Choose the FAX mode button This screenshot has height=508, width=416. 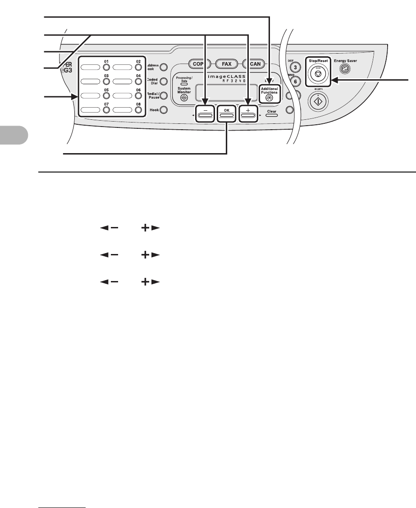(226, 64)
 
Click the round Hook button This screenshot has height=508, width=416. (164, 109)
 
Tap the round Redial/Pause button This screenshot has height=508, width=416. (164, 95)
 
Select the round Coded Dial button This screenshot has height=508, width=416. (164, 82)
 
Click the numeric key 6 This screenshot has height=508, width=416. (296, 82)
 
